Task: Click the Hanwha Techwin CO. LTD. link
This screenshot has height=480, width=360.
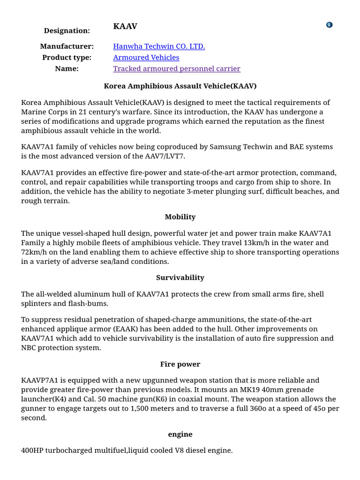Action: coord(159,46)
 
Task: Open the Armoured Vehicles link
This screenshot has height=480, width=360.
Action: coord(146,58)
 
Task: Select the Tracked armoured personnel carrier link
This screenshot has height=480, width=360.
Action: coord(176,69)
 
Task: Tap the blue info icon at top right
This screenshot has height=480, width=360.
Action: coord(329,25)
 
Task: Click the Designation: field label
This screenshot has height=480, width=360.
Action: coord(67,30)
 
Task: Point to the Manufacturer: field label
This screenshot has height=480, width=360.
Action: coord(67,46)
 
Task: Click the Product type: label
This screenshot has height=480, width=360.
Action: coord(67,58)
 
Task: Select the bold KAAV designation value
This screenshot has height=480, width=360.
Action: coord(125,26)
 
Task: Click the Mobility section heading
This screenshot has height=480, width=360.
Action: coord(180,217)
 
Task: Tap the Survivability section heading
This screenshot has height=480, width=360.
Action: coord(180,277)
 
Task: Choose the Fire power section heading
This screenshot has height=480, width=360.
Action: coord(180,364)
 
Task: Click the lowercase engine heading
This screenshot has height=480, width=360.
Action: coord(180,434)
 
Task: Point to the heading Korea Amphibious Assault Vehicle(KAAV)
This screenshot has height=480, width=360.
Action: coord(180,86)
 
